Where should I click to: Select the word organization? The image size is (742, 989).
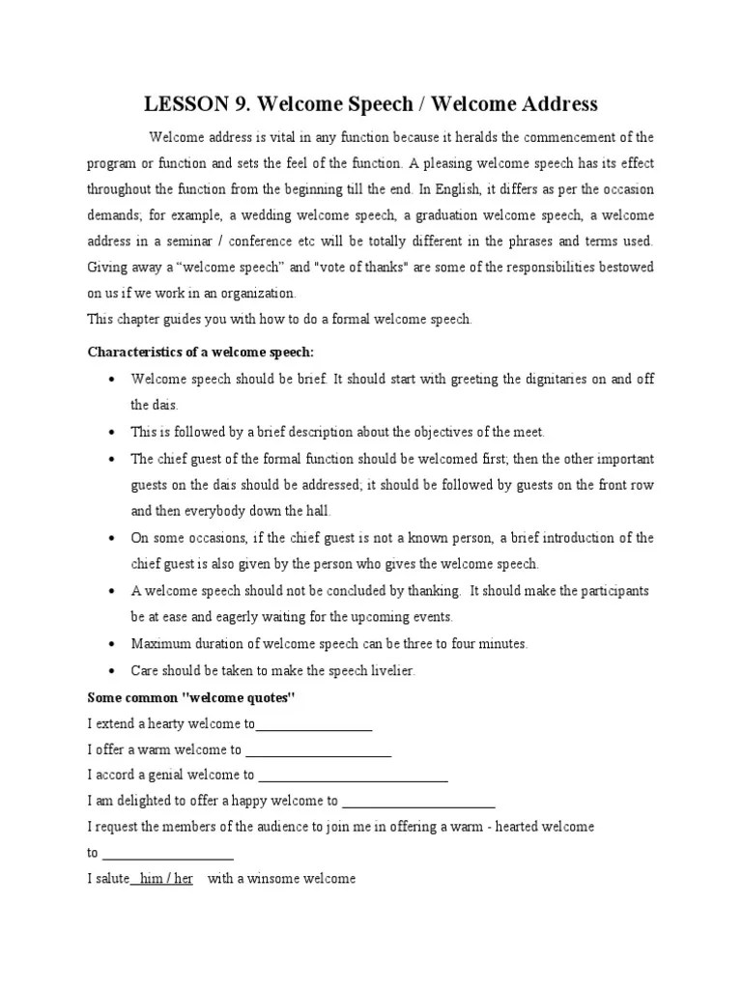click(x=259, y=294)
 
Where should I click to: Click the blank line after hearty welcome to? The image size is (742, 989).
click(x=314, y=723)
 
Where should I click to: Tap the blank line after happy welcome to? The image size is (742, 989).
click(x=418, y=802)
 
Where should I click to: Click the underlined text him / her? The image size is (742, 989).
click(x=165, y=880)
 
